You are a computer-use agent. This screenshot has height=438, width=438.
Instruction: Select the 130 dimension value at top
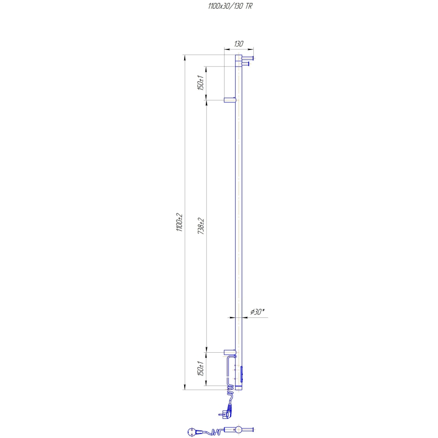coord(239,44)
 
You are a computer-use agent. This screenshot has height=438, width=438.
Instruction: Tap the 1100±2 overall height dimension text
coord(179,222)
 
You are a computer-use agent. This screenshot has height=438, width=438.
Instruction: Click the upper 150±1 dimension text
coord(201,83)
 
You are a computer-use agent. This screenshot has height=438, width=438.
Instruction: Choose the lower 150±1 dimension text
coord(201,369)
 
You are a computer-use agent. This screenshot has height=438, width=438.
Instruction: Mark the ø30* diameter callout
coord(256,312)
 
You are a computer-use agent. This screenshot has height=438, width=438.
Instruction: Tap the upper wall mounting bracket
coord(230,100)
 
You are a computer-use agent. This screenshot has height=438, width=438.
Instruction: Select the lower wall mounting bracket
coord(230,352)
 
